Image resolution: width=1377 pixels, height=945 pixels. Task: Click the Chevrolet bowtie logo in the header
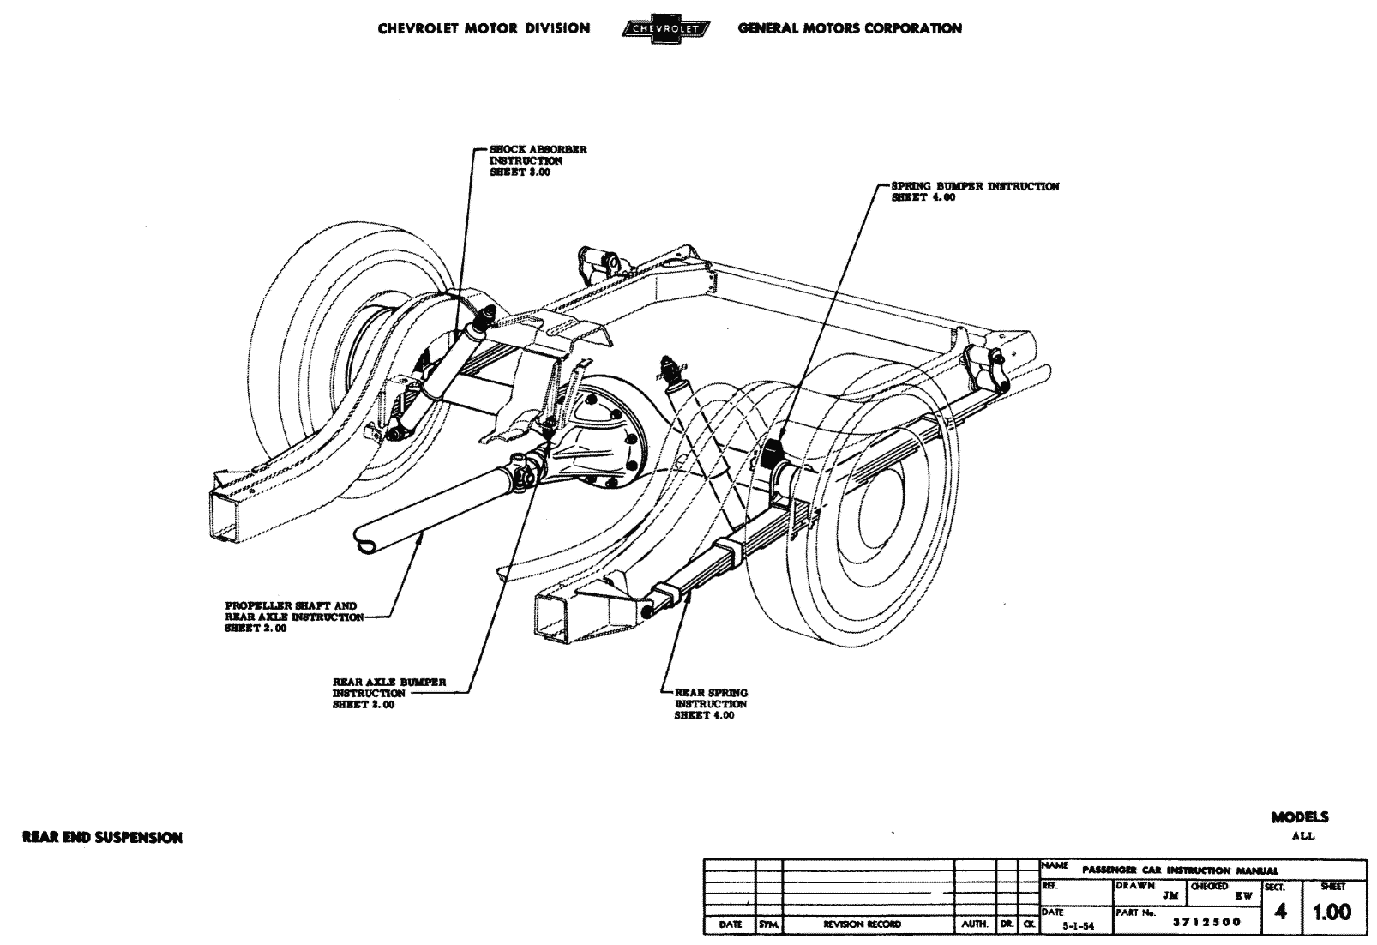[665, 29]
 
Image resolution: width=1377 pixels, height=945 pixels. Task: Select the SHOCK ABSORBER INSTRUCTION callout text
[537, 160]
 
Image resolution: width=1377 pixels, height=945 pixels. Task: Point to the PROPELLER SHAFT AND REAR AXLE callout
[292, 617]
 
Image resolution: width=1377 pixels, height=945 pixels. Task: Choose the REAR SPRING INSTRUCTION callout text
[710, 704]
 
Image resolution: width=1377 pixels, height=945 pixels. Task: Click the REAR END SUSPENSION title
[102, 837]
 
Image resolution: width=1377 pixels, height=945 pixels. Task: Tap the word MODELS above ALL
[1300, 817]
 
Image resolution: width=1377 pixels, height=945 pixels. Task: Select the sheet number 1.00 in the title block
[1332, 912]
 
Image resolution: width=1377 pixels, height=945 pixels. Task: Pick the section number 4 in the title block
[1281, 912]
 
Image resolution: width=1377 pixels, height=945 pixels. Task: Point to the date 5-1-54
[1070, 926]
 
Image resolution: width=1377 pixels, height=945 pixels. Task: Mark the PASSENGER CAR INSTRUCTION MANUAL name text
[1180, 870]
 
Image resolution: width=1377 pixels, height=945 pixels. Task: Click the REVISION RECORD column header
[861, 924]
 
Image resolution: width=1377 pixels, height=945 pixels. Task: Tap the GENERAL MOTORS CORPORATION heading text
[849, 28]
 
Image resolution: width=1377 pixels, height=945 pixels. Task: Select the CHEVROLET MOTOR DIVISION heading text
[484, 28]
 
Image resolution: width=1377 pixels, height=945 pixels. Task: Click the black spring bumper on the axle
[775, 452]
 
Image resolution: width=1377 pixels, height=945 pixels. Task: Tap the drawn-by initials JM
[1171, 895]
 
